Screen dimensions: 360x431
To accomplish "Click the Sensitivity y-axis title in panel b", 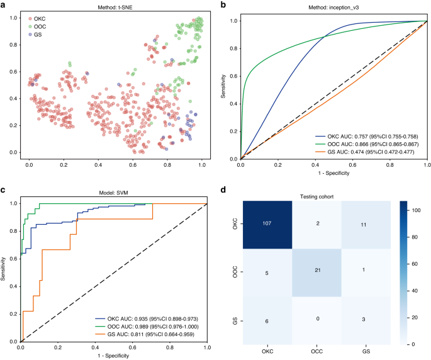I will tap(225, 89).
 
